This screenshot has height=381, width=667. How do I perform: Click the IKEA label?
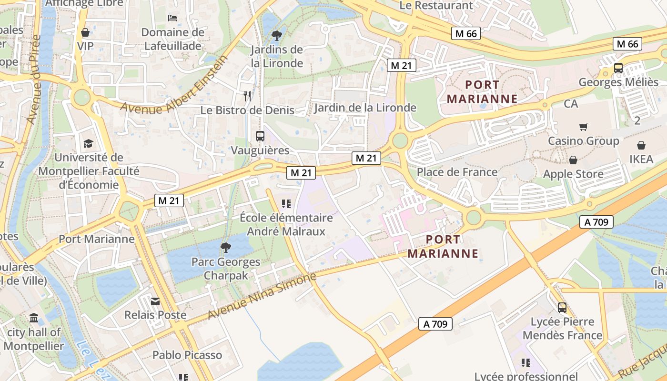pyautogui.click(x=641, y=159)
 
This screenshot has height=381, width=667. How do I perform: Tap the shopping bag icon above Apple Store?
pyautogui.click(x=573, y=160)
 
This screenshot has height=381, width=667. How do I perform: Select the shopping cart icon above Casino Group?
pyautogui.click(x=583, y=127)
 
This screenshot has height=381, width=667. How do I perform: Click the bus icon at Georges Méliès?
pyautogui.click(x=618, y=68)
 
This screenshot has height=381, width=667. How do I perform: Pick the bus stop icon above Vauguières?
pyautogui.click(x=260, y=136)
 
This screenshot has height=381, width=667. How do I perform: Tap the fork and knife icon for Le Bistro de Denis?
pyautogui.click(x=247, y=96)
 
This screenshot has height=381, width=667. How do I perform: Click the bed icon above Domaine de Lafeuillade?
pyautogui.click(x=172, y=18)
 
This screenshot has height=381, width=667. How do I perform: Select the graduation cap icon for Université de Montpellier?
pyautogui.click(x=88, y=143)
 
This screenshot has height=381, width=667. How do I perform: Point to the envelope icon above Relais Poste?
pyautogui.click(x=155, y=301)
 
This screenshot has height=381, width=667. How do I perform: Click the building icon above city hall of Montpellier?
pyautogui.click(x=34, y=318)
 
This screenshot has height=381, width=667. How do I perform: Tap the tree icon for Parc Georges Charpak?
pyautogui.click(x=226, y=247)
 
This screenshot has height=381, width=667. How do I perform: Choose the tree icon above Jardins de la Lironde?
pyautogui.click(x=276, y=35)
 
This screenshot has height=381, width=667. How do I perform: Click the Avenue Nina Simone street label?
pyautogui.click(x=262, y=297)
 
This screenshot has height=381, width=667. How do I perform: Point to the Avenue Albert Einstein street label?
pyautogui.click(x=174, y=85)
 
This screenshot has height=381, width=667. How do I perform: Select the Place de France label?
pyautogui.click(x=457, y=172)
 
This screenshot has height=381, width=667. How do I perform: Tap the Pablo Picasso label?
pyautogui.click(x=187, y=355)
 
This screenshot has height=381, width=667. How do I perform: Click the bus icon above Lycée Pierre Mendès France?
pyautogui.click(x=562, y=308)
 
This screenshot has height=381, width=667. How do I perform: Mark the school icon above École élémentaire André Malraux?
pyautogui.click(x=286, y=204)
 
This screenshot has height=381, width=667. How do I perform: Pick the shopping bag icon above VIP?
pyautogui.click(x=85, y=32)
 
